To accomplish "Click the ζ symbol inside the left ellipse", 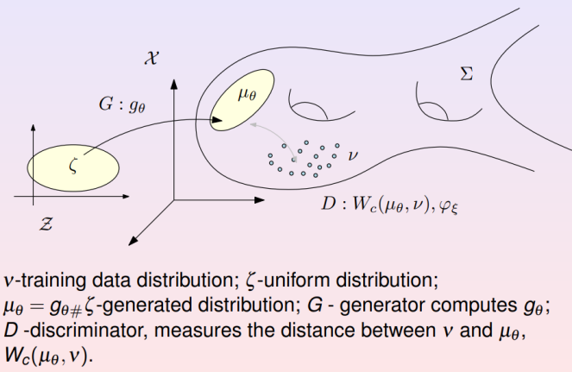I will (x=72, y=166).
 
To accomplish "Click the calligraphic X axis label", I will (x=154, y=54).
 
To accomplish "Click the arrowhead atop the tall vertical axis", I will (x=174, y=84).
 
